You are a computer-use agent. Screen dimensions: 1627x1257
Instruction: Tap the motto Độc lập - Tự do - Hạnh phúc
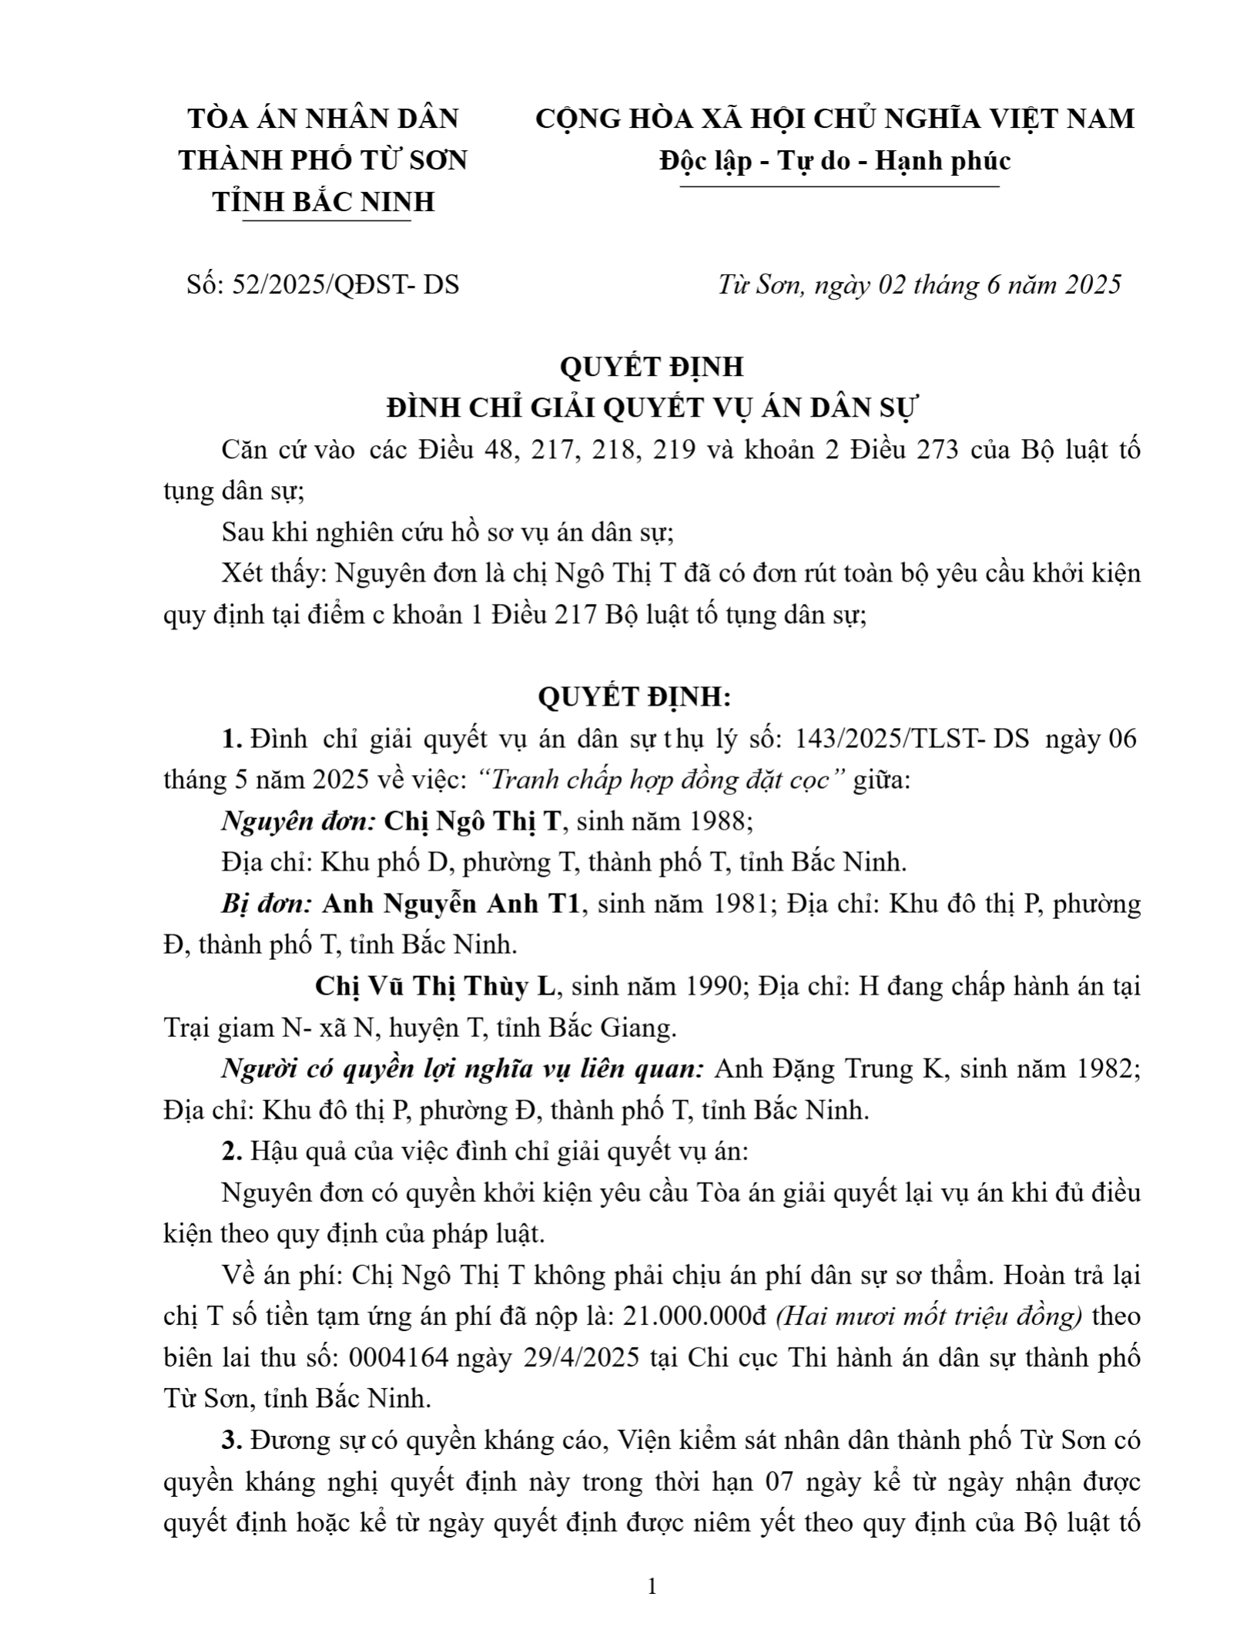coord(835,161)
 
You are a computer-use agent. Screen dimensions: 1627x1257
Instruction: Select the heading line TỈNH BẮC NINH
coord(323,202)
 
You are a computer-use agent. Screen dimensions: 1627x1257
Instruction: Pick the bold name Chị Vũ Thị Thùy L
coord(434,986)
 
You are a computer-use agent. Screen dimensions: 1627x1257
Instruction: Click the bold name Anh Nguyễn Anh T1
coord(450,904)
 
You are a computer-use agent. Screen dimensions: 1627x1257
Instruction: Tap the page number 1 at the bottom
coord(652,1586)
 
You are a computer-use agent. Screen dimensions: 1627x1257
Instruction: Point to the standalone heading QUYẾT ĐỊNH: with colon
coord(635,697)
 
